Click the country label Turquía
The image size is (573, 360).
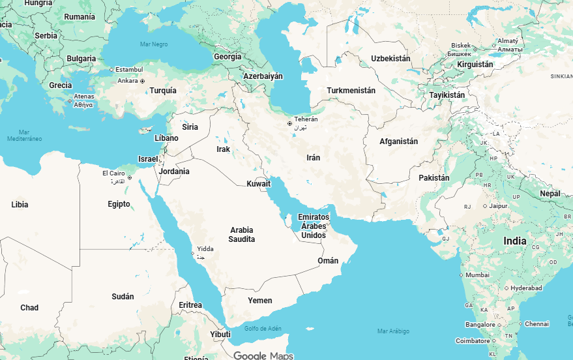click(x=163, y=91)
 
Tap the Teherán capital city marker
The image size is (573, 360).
click(x=289, y=123)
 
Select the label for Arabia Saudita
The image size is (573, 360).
click(x=242, y=235)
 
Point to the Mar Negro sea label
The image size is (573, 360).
click(x=154, y=44)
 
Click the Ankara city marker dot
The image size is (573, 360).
click(x=142, y=81)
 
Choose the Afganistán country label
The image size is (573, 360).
click(x=398, y=142)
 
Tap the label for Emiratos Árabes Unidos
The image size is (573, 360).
click(x=314, y=226)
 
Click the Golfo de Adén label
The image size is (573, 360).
click(x=263, y=328)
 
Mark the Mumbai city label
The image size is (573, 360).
click(x=477, y=275)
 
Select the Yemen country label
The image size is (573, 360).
click(x=259, y=301)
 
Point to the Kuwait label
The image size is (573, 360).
click(x=258, y=184)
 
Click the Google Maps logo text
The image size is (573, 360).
click(x=263, y=355)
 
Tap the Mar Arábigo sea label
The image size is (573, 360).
click(x=394, y=331)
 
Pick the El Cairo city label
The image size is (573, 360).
click(x=113, y=173)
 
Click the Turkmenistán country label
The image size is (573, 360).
click(x=351, y=91)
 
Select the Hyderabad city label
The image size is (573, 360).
click(x=526, y=288)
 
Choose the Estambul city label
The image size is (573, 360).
click(x=129, y=69)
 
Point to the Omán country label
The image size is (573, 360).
click(x=328, y=261)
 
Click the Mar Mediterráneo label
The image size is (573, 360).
click(x=24, y=135)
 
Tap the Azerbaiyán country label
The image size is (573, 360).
click(x=263, y=76)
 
